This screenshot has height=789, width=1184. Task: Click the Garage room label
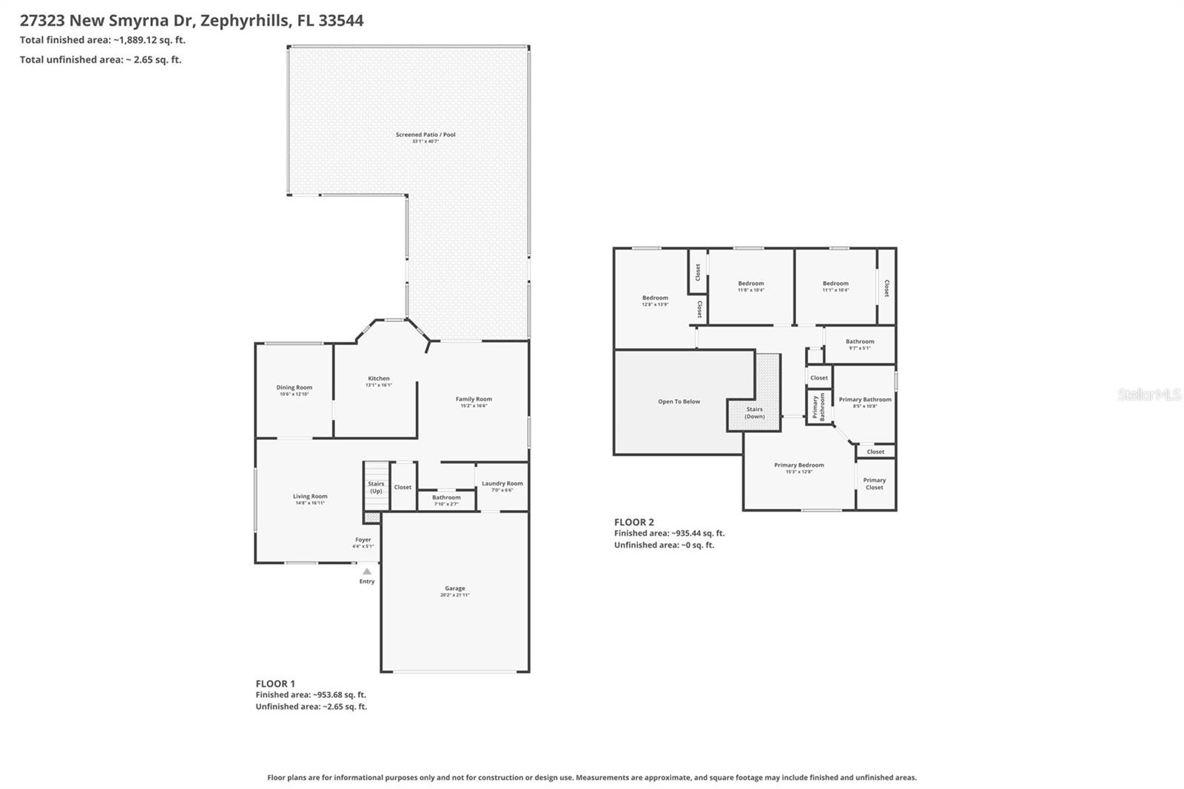(x=455, y=589)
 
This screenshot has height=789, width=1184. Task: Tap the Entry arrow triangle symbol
(x=367, y=571)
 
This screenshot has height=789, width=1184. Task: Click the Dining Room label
(x=295, y=388)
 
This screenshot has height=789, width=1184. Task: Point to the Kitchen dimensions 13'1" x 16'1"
(x=379, y=385)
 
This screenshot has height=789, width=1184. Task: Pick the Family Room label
(x=474, y=400)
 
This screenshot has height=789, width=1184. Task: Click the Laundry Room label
(x=502, y=484)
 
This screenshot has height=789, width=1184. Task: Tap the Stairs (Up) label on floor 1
(x=376, y=487)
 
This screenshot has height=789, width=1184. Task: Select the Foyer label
(x=363, y=540)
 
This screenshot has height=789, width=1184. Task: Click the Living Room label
(x=310, y=497)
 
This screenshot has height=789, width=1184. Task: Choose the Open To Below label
(x=679, y=402)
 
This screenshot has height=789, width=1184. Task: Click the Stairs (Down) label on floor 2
(x=755, y=412)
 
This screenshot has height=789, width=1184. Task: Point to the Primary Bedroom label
(x=799, y=466)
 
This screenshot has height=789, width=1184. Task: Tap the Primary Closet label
(x=875, y=483)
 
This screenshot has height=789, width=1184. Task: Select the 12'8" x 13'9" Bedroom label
(x=655, y=298)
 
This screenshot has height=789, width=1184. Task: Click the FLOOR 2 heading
(x=634, y=522)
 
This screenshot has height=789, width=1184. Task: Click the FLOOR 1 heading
(x=275, y=684)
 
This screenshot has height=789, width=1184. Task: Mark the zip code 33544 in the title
(x=341, y=21)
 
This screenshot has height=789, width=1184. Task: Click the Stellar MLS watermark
(x=1148, y=394)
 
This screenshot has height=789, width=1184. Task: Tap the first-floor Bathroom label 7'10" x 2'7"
(x=446, y=498)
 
